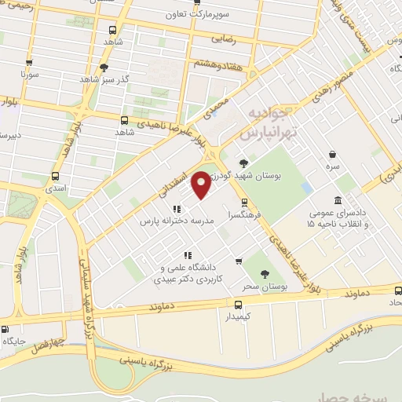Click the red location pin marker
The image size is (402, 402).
202,184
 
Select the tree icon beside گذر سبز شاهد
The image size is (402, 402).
104,68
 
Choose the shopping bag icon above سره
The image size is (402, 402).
334,154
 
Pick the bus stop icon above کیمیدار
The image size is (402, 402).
238,304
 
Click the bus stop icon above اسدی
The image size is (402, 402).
55,177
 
